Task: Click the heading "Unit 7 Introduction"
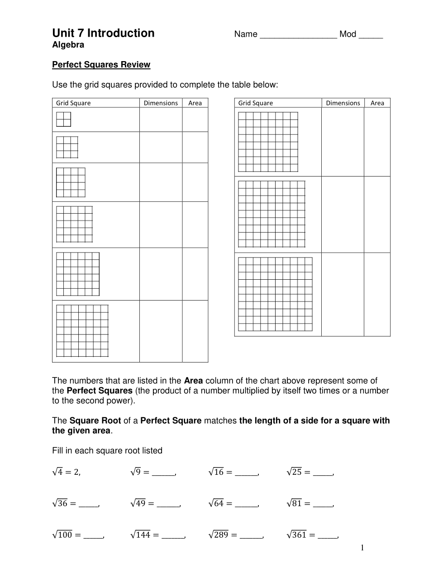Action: tap(103, 33)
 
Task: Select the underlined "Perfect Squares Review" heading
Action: tap(101, 65)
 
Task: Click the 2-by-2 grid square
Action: tap(64, 119)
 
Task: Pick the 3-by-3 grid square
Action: tap(67, 147)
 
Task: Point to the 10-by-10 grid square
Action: tap(275, 294)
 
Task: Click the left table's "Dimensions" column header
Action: tap(161, 103)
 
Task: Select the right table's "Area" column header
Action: tap(377, 103)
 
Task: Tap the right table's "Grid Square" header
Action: tap(256, 103)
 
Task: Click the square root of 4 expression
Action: tap(66, 472)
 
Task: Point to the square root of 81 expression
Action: tap(295, 503)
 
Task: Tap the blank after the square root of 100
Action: tap(93, 536)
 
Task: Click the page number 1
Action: tap(362, 549)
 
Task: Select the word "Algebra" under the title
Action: tap(68, 45)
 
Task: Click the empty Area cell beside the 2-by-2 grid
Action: tap(195, 119)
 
